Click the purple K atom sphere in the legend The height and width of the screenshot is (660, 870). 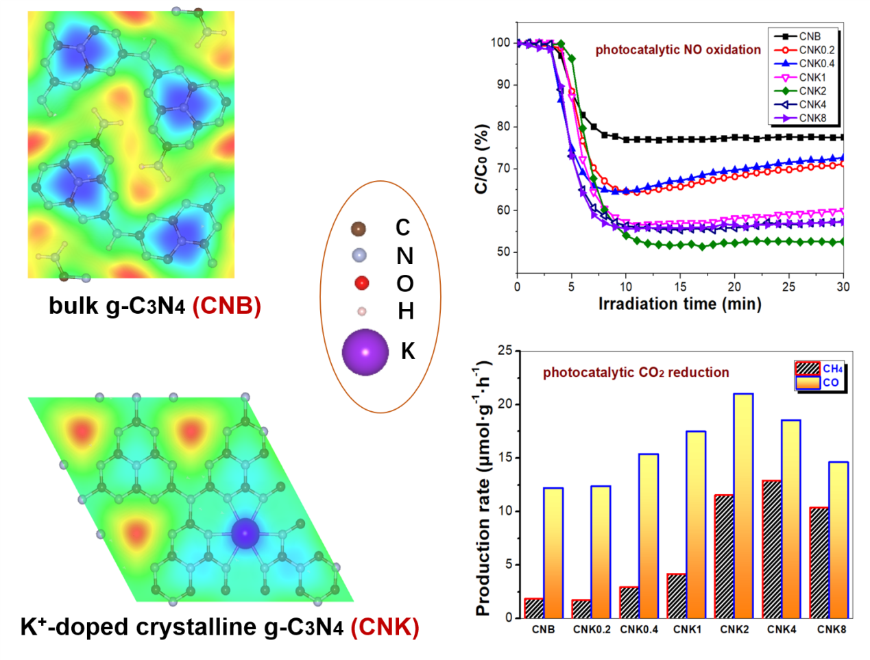point(365,352)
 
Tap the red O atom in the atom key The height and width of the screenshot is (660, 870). point(361,283)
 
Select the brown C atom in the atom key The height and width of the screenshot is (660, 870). point(358,228)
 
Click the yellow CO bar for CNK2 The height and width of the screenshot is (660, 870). point(743,505)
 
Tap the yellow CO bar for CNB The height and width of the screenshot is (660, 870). point(553,552)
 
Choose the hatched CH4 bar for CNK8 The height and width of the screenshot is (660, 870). point(819,562)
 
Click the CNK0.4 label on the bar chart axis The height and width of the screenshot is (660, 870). point(639,629)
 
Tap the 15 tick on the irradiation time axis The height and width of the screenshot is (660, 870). point(680,286)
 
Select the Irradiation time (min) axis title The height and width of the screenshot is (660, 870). point(679,304)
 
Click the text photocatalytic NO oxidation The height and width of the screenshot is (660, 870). point(678,50)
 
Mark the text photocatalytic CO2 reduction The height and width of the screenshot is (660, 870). point(636,373)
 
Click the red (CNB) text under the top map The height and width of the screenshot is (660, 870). point(227,306)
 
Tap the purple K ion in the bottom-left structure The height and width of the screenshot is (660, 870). point(245,533)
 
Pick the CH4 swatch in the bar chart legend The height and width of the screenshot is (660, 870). point(808,369)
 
